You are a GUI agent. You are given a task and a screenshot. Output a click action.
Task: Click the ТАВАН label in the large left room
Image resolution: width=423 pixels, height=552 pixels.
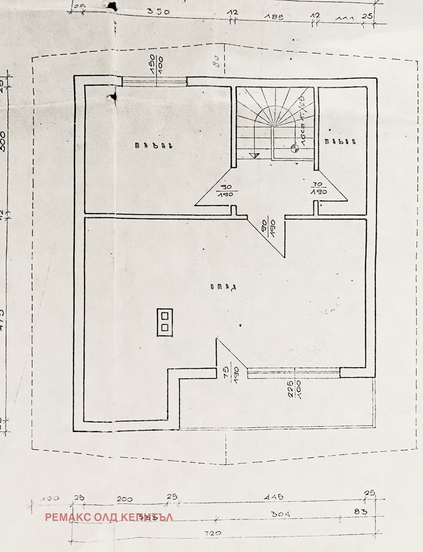(153, 146)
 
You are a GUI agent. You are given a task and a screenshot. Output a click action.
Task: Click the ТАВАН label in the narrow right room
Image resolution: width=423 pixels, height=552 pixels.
(340, 141)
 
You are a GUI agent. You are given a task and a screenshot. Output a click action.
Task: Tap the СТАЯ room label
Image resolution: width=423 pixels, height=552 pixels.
(223, 287)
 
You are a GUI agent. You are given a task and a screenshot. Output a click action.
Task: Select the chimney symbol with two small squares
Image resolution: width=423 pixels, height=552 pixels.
(165, 322)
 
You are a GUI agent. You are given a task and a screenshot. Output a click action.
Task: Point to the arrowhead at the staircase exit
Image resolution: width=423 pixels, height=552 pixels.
(254, 156)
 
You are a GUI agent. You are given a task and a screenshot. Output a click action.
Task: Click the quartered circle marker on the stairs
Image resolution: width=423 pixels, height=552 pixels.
(294, 149)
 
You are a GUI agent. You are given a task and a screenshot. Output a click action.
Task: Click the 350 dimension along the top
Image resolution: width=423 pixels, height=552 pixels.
(158, 11)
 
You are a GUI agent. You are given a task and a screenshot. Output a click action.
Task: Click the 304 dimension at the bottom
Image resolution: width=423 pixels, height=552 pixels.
(280, 514)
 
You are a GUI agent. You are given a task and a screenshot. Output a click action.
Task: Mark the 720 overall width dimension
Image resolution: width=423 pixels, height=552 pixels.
(213, 533)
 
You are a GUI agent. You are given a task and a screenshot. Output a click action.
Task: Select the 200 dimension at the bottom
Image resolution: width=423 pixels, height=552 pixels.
(125, 499)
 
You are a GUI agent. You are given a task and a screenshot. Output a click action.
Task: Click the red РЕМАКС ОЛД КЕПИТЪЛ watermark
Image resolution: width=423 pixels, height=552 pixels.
(109, 517)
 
